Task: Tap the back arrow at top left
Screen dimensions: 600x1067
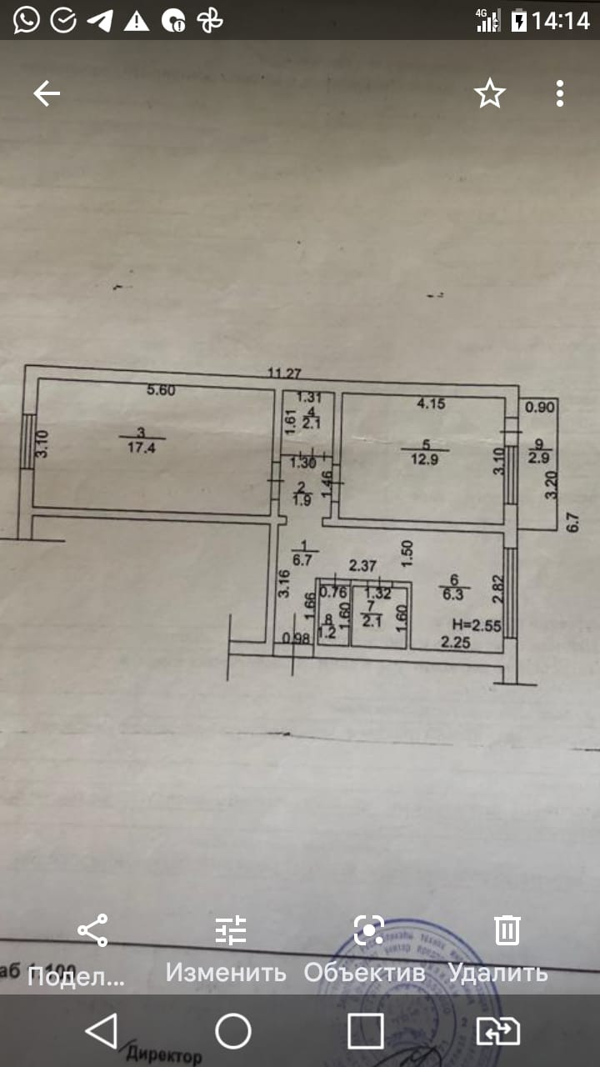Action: click(x=47, y=94)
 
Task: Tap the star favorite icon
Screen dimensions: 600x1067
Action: click(x=490, y=93)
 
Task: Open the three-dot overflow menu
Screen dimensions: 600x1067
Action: click(x=560, y=93)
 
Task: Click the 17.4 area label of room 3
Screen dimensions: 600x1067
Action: click(x=141, y=446)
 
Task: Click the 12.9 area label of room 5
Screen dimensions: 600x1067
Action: click(x=425, y=457)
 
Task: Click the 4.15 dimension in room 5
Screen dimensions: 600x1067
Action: click(x=432, y=404)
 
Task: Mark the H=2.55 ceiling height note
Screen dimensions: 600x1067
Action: click(x=477, y=624)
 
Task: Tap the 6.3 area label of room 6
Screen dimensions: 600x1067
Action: click(x=455, y=594)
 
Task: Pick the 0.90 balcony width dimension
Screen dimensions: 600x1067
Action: click(x=540, y=408)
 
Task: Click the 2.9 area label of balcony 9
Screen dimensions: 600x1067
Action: click(x=538, y=456)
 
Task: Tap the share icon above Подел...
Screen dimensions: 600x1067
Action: click(x=92, y=929)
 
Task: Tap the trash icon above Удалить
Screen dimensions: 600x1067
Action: click(x=507, y=929)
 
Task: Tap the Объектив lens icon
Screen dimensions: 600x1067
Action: click(x=368, y=929)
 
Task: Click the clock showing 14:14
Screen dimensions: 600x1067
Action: click(x=561, y=21)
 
